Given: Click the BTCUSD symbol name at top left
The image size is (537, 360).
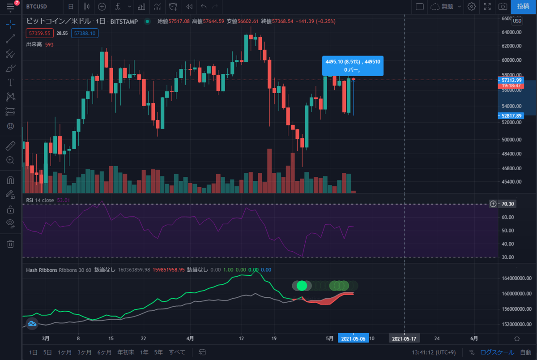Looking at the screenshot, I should tap(38, 7).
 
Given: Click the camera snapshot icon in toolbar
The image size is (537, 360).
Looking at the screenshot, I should tap(503, 7).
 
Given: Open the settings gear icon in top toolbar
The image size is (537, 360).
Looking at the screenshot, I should tap(471, 7).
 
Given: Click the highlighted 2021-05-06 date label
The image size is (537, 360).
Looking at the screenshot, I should tap(354, 339).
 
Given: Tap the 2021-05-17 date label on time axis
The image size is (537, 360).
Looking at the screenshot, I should tap(404, 339).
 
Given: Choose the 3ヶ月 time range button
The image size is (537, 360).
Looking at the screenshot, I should tap(85, 352).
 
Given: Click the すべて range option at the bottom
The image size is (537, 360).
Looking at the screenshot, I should tap(177, 352).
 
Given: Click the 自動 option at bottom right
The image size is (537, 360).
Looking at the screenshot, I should tap(526, 352).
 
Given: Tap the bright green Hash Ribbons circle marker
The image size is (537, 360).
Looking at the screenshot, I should tap(302, 285).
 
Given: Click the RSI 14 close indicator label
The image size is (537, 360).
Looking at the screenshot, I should tap(40, 200).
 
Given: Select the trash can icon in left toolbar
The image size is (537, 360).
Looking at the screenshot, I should tap(11, 244).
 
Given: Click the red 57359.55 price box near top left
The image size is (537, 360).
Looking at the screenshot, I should tap(39, 33).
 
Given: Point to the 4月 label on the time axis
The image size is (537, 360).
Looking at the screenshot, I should tap(190, 339).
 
